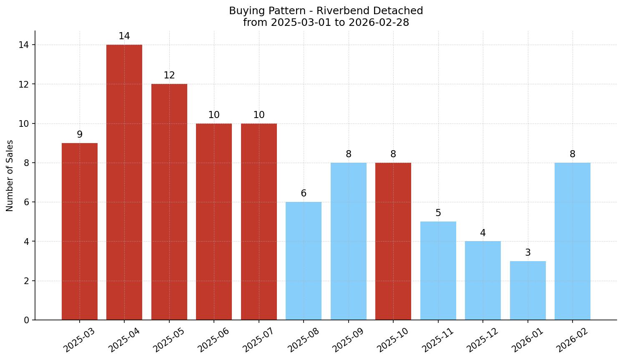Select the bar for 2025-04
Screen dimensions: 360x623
coord(124,182)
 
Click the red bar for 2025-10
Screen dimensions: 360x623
coord(393,241)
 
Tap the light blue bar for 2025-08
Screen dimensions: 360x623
coord(304,261)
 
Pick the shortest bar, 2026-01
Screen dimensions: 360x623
coord(528,290)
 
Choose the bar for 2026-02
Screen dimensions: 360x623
coord(573,241)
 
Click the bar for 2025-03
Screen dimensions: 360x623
coord(80,232)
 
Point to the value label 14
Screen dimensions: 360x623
coord(124,36)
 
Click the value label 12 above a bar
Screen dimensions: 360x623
coord(169,76)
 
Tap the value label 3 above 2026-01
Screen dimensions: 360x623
coord(528,253)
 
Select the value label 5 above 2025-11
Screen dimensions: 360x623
coord(438,213)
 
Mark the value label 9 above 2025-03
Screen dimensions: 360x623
coord(80,135)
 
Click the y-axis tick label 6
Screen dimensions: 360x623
coord(26,202)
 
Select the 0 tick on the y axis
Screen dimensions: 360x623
coord(26,320)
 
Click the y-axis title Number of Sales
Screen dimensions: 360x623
coord(10,176)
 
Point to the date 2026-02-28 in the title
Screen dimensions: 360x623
coord(379,23)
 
